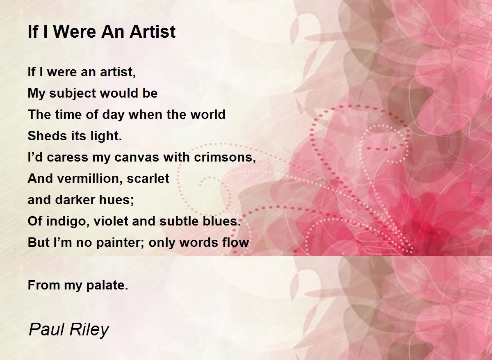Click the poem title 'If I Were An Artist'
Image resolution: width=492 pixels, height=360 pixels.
click(102, 32)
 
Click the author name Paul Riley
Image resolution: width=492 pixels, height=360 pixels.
click(68, 330)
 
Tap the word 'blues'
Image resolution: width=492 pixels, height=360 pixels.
click(223, 221)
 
